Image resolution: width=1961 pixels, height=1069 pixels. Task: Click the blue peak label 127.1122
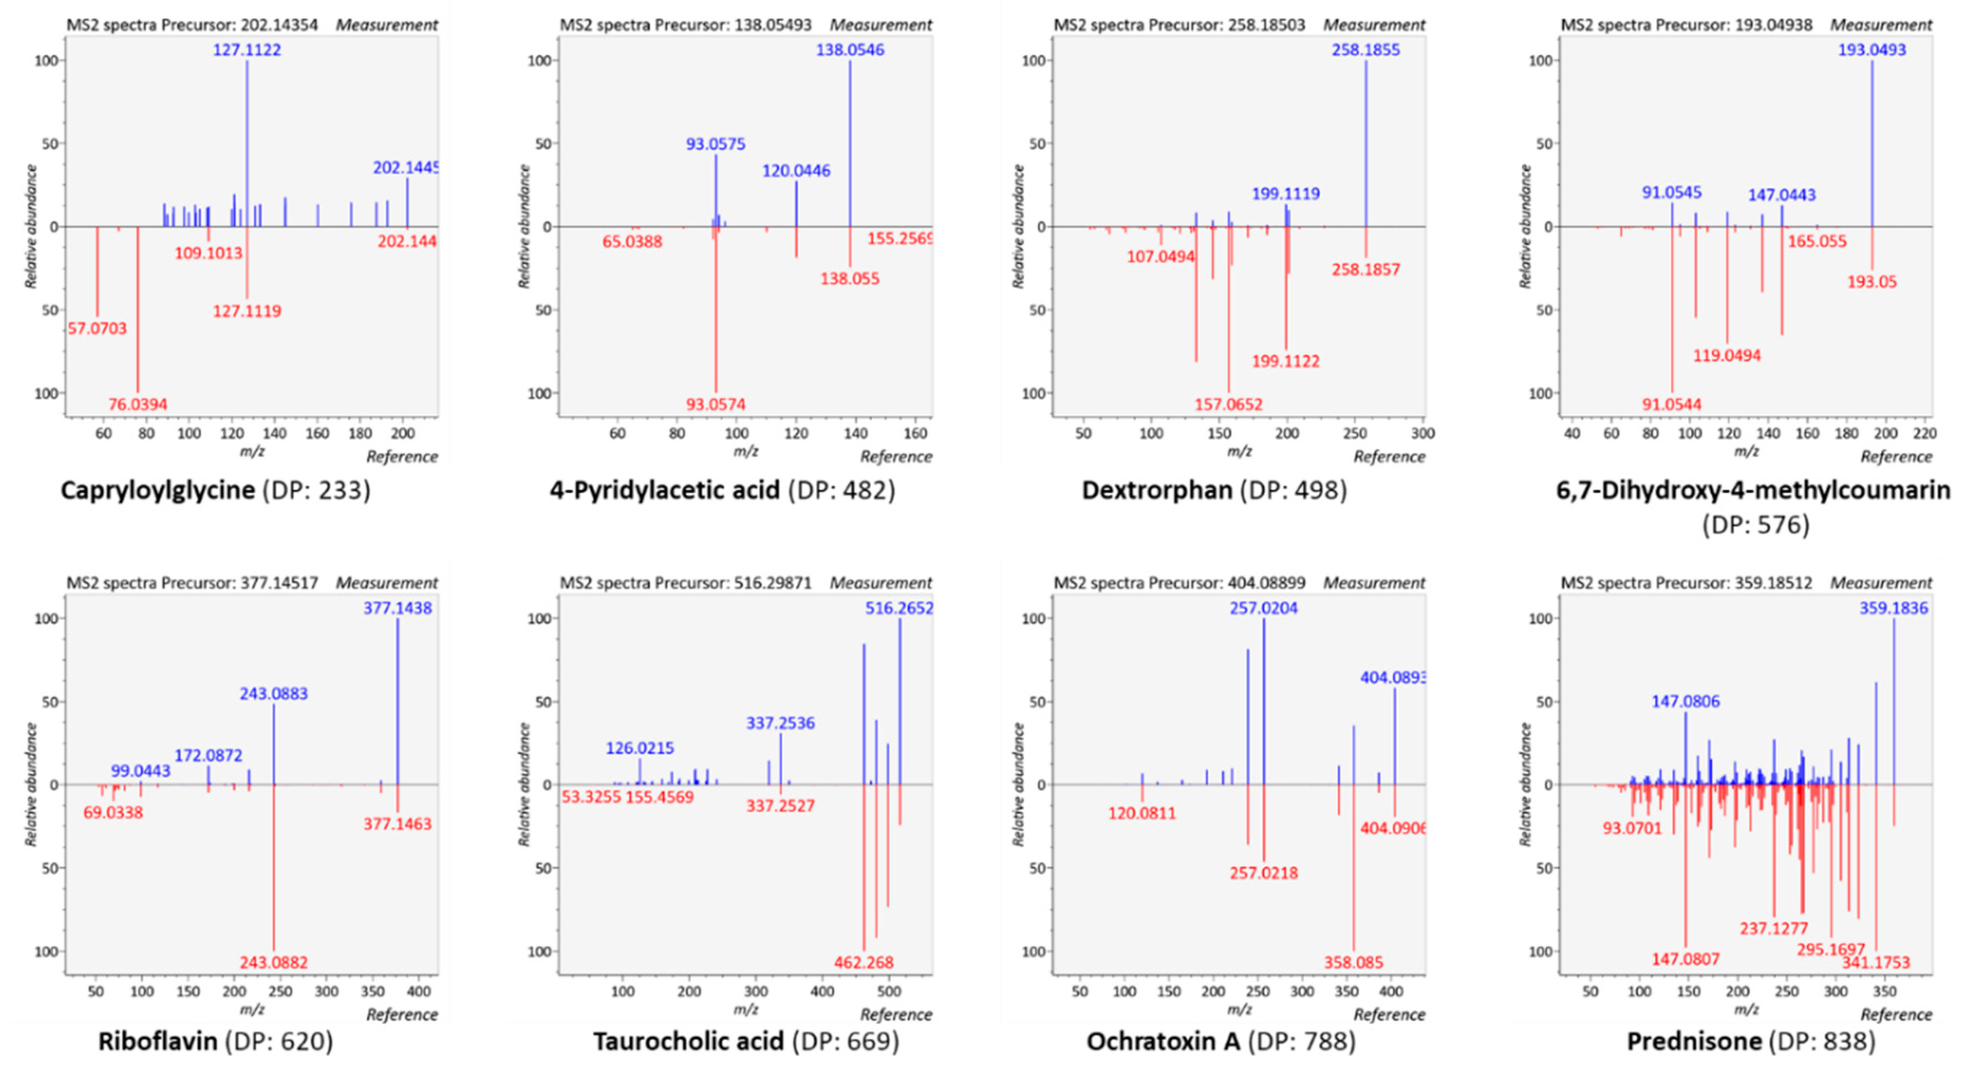(246, 50)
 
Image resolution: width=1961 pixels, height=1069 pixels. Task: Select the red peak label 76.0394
(138, 404)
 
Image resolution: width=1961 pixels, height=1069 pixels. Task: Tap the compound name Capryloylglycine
(158, 490)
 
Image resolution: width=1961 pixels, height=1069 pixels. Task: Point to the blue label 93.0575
(715, 144)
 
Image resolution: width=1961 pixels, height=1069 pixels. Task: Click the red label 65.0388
(632, 242)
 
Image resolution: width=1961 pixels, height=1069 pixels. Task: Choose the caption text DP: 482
(842, 490)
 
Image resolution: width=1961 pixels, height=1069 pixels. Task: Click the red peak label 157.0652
(1228, 404)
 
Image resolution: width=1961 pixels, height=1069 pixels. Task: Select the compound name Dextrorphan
(1156, 490)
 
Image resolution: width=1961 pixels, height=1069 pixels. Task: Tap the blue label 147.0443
(1781, 195)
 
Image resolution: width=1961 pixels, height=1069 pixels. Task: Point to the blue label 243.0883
(274, 694)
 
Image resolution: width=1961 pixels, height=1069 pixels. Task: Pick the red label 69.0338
(113, 812)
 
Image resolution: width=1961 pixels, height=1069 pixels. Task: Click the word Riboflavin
(158, 1041)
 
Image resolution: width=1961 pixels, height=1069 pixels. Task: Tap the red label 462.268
(863, 963)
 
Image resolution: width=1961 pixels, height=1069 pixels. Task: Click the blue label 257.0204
(1264, 607)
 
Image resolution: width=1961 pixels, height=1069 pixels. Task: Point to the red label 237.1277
(1773, 928)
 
